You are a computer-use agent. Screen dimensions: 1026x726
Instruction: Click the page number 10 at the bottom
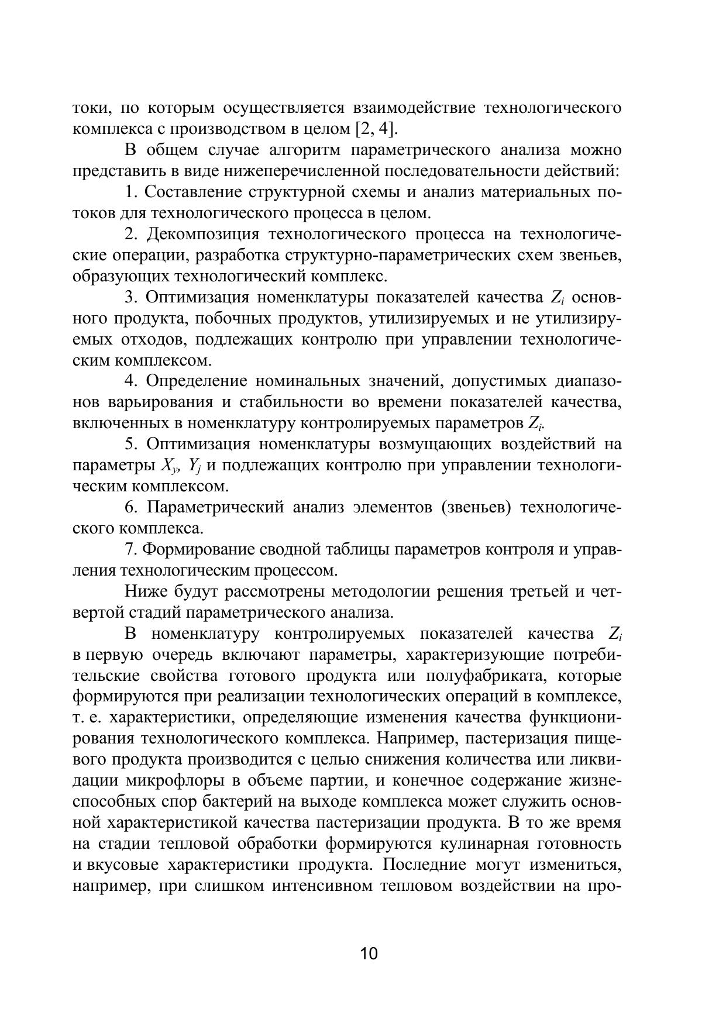tap(369, 953)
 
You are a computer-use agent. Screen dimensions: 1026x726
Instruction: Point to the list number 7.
tap(131, 550)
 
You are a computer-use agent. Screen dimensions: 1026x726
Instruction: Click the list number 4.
tap(131, 381)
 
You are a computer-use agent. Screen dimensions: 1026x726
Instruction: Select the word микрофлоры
tap(173, 781)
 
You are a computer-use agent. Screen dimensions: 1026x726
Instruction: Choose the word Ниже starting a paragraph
tap(146, 592)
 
